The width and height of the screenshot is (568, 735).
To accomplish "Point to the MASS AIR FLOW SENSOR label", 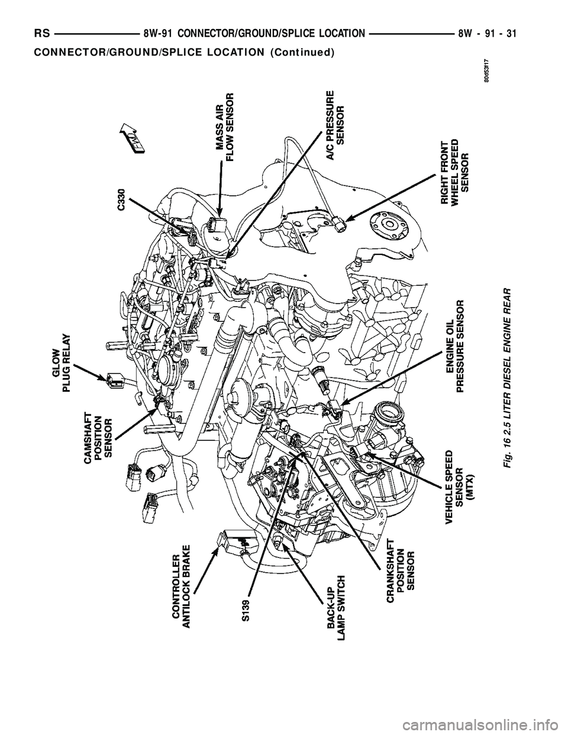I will pos(225,127).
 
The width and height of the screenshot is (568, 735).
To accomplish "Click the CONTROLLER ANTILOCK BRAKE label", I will pos(181,589).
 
